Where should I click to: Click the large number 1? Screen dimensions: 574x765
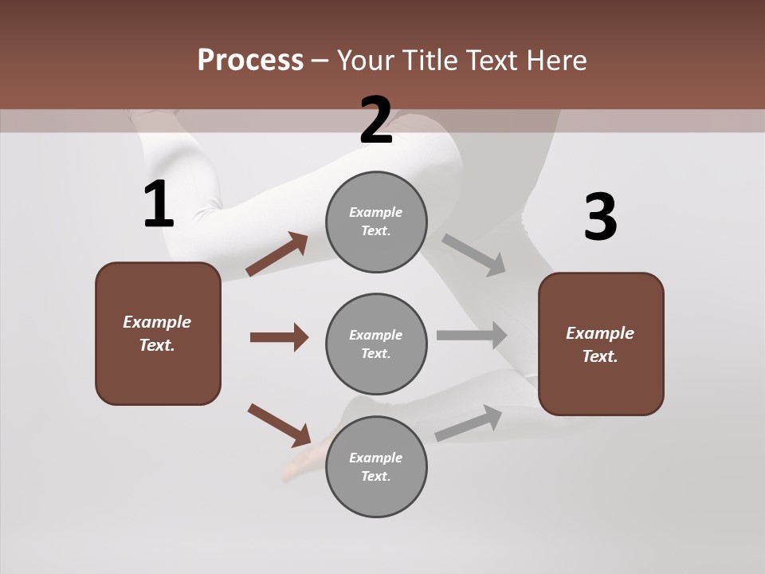[x=159, y=205]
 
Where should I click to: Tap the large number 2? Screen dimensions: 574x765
[x=376, y=120]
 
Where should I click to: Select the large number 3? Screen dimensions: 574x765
[x=600, y=218]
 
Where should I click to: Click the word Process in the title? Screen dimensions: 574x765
[x=250, y=60]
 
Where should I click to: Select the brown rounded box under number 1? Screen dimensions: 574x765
[x=158, y=333]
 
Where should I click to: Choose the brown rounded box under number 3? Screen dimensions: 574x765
[x=601, y=344]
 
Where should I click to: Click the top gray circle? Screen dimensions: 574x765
[x=376, y=222]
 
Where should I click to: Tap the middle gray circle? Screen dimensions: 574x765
[x=376, y=344]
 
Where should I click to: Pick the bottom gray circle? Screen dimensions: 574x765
[x=376, y=466]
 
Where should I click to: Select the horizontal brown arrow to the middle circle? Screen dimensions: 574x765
[x=279, y=337]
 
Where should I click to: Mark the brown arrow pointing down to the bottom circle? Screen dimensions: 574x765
[x=279, y=424]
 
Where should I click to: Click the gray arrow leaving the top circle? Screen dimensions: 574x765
[x=474, y=254]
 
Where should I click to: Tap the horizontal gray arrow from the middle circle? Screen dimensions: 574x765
[x=471, y=336]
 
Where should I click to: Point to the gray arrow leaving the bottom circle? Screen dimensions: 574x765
[x=469, y=423]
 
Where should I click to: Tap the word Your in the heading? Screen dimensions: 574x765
[x=363, y=60]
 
